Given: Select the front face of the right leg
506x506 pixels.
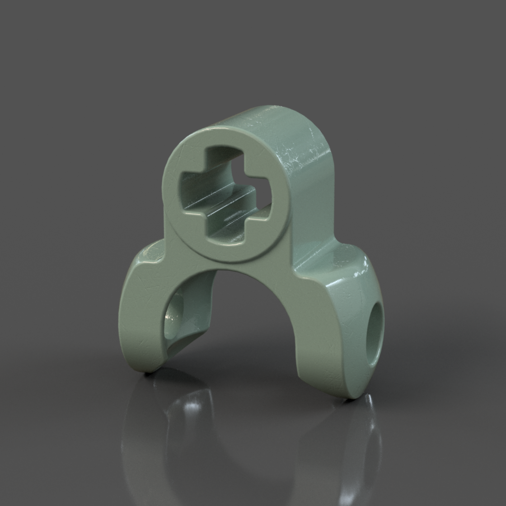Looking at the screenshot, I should pyautogui.click(x=330, y=343).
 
